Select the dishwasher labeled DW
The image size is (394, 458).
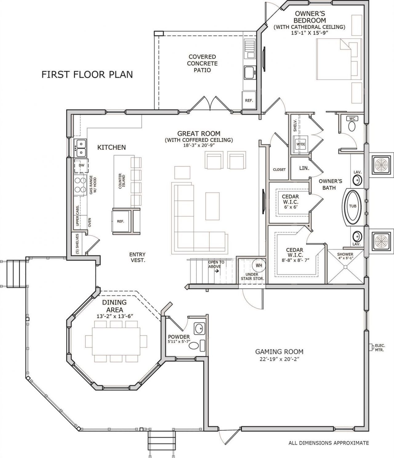[x=81, y=165]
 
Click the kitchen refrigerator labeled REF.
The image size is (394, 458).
[x=121, y=221]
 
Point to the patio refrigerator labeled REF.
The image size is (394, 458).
[x=249, y=100]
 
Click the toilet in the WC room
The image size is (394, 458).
[x=352, y=126]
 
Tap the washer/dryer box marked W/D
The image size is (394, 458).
[x=300, y=144]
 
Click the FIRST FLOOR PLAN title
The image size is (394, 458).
[x=87, y=75]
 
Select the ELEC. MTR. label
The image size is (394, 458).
[x=380, y=348]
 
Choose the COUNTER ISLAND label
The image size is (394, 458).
[x=122, y=181]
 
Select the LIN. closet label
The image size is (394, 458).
[x=304, y=168]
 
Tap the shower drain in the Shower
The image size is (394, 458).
[x=345, y=267]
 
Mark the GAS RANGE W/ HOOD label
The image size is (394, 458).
[x=93, y=185]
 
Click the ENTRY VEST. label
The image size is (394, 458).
[x=138, y=257]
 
